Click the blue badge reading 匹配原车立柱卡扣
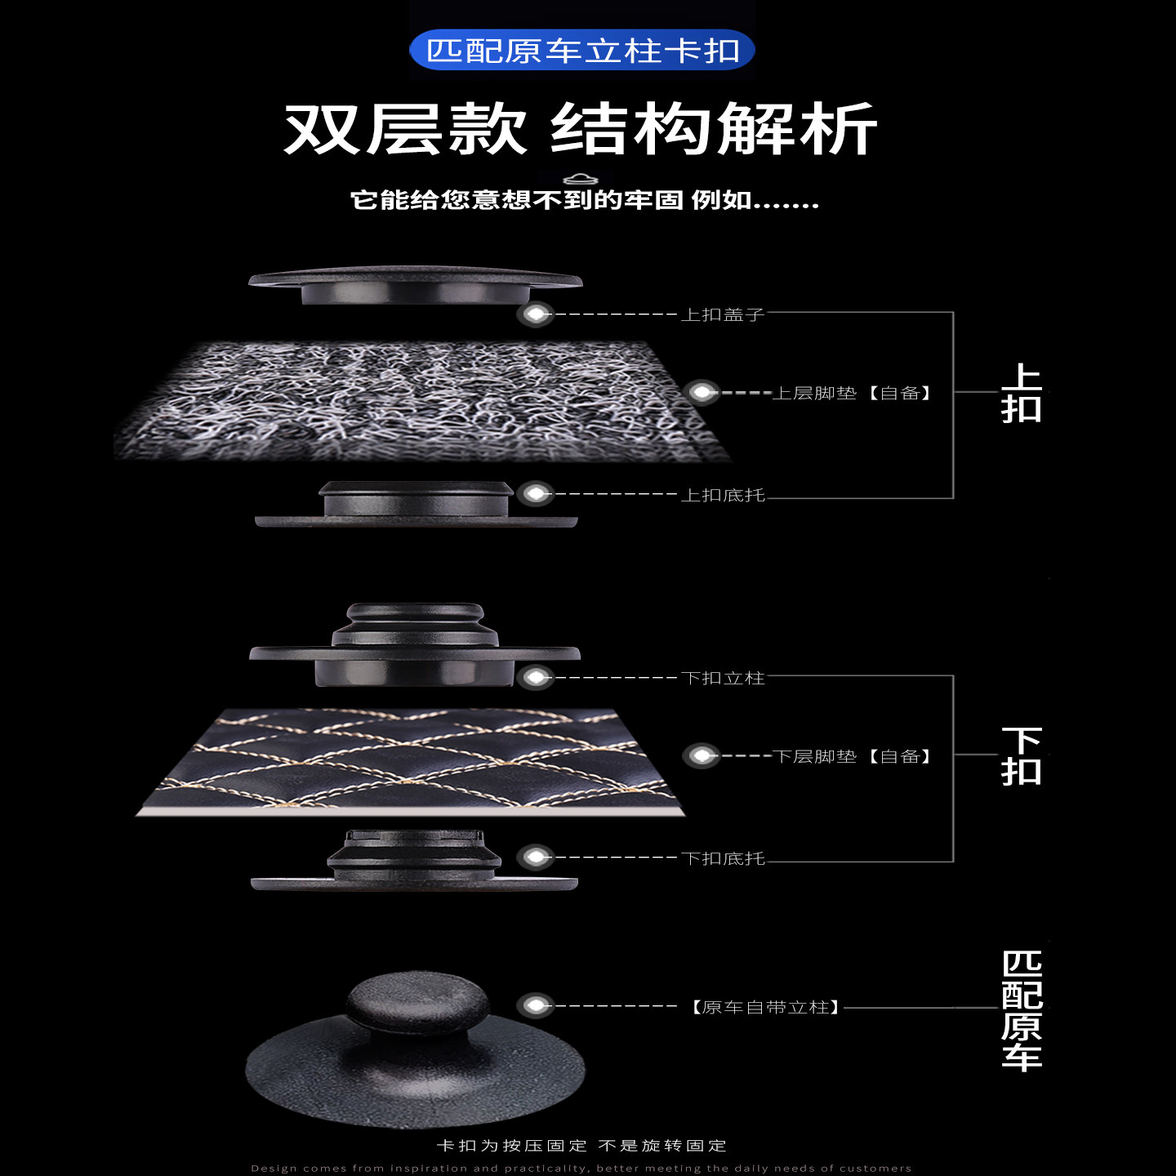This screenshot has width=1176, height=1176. tap(581, 51)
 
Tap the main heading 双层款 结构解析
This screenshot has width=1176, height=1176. tap(580, 129)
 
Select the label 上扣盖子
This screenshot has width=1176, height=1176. tap(723, 314)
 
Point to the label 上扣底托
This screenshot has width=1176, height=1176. tap(723, 495)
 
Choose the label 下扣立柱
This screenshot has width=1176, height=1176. tap(723, 678)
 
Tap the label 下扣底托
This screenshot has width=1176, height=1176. tap(723, 858)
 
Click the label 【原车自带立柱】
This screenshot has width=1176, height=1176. tap(765, 1007)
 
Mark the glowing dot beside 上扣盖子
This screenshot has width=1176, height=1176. tap(536, 314)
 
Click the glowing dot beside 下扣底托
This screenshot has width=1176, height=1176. tap(536, 857)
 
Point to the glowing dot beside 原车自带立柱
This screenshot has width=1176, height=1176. tap(536, 1005)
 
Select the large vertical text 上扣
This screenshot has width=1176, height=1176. tap(1021, 394)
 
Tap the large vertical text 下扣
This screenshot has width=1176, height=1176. tap(1021, 756)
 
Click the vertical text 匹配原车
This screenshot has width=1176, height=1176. tap(1021, 1009)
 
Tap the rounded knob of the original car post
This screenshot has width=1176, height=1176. tap(418, 1003)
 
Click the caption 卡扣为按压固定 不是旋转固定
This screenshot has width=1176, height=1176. tap(581, 1145)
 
